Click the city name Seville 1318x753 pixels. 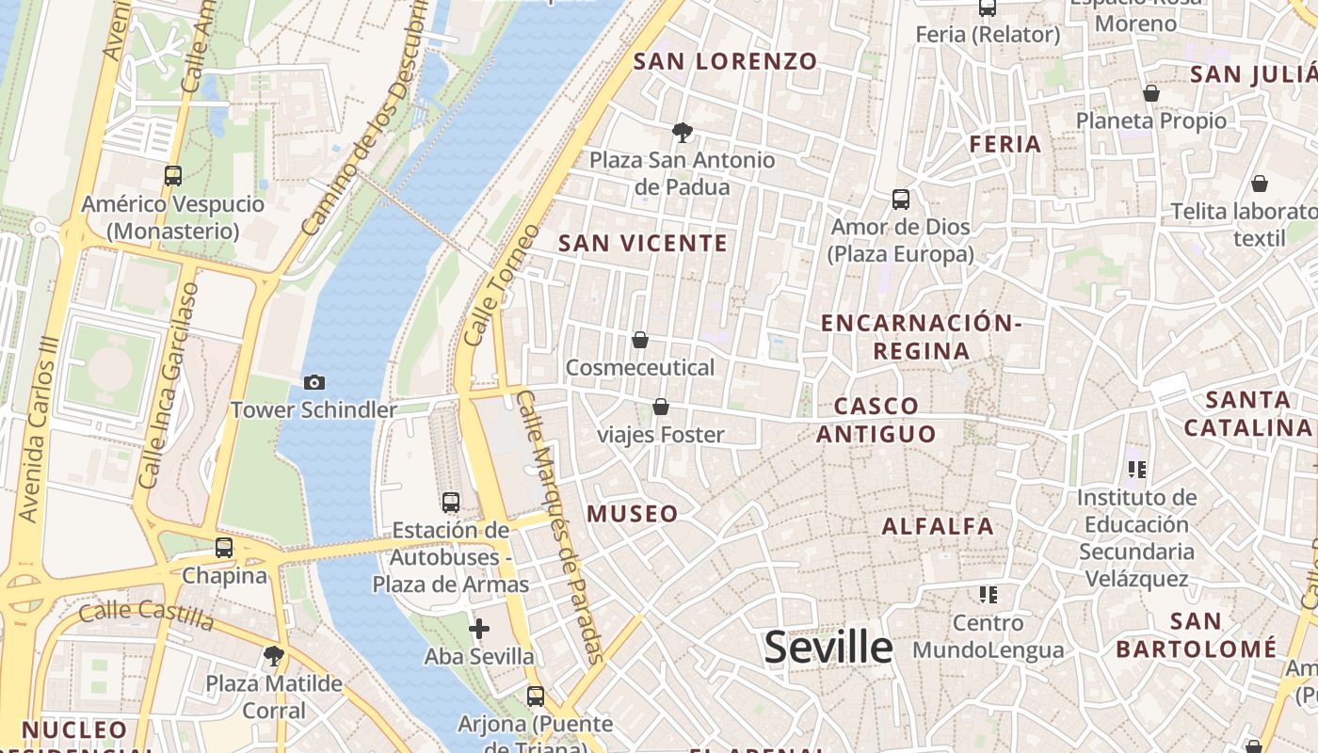(828, 648)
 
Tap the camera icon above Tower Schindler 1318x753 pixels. (314, 382)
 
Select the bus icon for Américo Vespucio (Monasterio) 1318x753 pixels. (173, 175)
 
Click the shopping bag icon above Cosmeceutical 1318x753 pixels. (640, 339)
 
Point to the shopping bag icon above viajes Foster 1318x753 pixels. (661, 407)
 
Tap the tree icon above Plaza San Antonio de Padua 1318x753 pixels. (683, 132)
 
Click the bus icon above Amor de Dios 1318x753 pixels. (901, 200)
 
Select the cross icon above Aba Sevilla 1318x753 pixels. (479, 628)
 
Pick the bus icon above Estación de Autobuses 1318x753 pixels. (451, 503)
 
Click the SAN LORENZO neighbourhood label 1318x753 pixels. (725, 62)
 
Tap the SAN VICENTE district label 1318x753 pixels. (643, 244)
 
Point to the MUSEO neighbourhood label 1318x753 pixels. (633, 514)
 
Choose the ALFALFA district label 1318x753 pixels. (938, 526)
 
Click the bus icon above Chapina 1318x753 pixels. (224, 547)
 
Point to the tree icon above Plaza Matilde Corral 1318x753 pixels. (274, 655)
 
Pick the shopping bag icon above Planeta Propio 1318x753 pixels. (1150, 93)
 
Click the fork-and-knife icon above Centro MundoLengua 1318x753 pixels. (988, 595)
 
